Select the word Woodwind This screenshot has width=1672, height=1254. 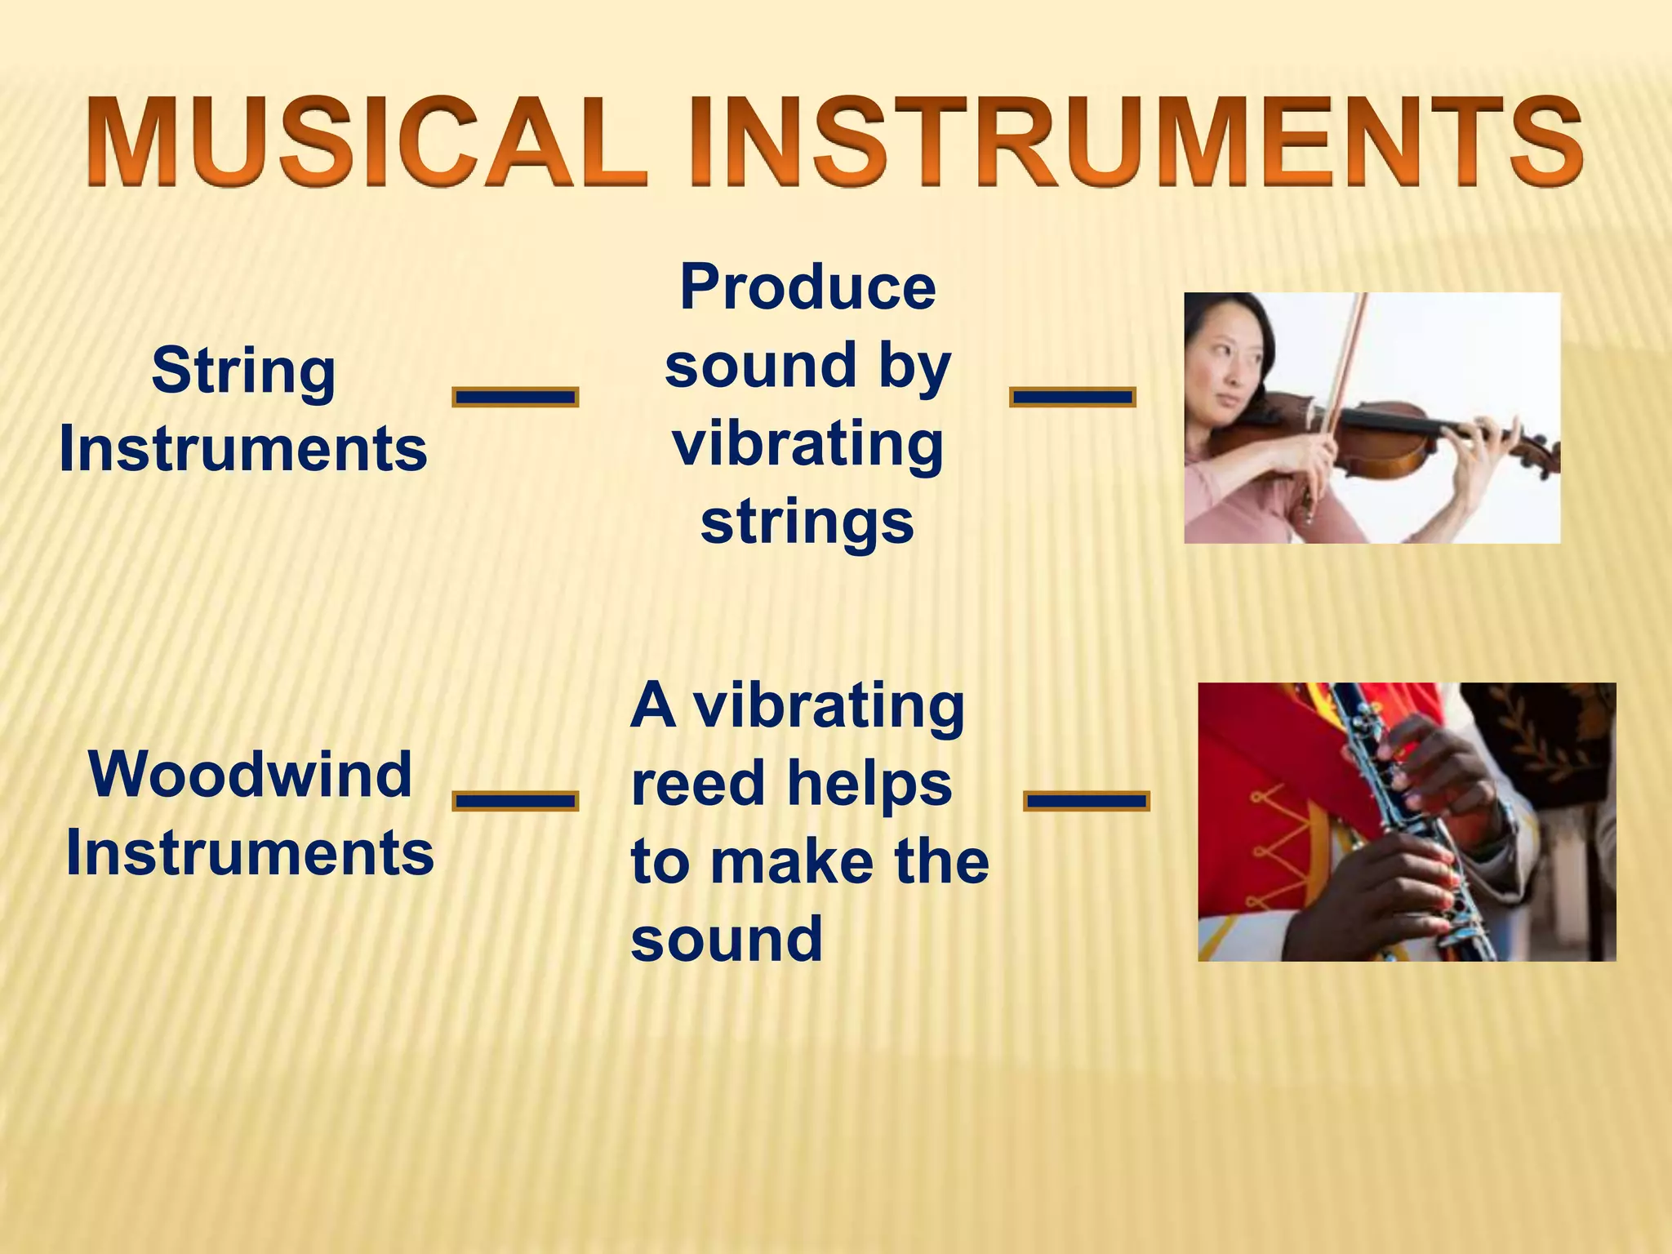[x=250, y=774]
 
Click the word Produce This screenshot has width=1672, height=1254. [x=807, y=287]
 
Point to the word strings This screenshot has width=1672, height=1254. [x=807, y=522]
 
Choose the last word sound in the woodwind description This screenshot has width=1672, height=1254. [x=727, y=939]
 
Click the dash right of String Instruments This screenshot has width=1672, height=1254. [x=515, y=397]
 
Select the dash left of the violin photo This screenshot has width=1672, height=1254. [x=1072, y=397]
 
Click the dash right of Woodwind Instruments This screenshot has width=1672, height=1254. [x=515, y=800]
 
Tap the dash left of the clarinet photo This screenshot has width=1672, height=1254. [x=1086, y=800]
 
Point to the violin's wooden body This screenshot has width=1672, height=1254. [x=1372, y=441]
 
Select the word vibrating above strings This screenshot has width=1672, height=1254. [x=807, y=445]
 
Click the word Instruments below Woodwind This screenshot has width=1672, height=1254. [x=250, y=853]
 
